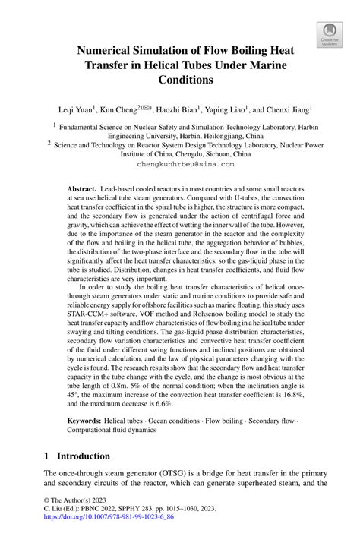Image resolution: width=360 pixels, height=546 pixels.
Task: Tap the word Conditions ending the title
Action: (x=180, y=78)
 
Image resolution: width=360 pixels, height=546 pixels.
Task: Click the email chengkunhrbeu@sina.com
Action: (x=180, y=163)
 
